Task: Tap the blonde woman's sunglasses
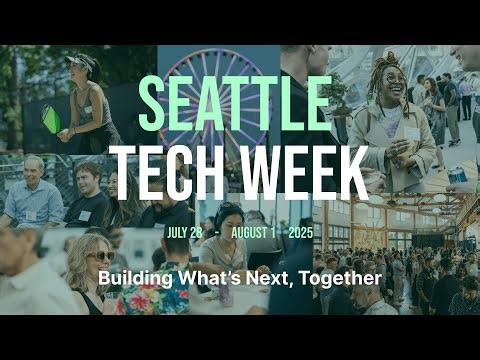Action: [99, 256]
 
